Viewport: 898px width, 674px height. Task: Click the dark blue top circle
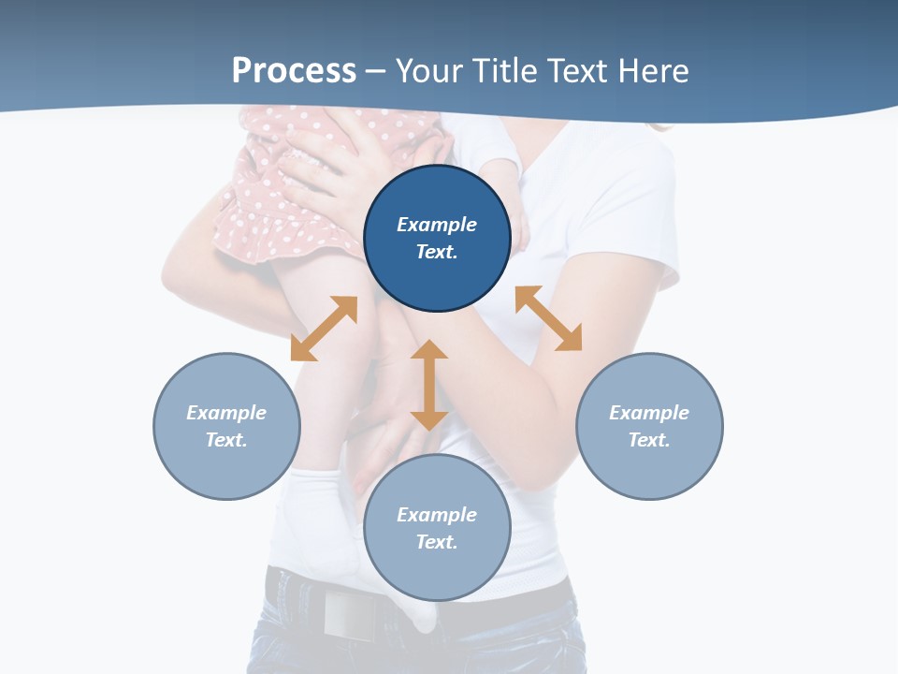(x=437, y=239)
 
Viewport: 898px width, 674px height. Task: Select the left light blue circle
(x=226, y=426)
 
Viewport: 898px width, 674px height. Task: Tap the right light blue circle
(x=649, y=426)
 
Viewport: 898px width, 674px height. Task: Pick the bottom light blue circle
(x=437, y=528)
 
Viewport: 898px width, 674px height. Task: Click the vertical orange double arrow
(x=429, y=385)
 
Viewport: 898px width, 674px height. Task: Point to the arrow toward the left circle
(x=324, y=329)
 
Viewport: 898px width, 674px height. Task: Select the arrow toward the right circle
(x=548, y=318)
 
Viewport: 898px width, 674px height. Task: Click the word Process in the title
(x=294, y=70)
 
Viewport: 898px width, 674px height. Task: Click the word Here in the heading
(x=653, y=70)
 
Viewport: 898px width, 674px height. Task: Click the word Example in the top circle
(x=437, y=225)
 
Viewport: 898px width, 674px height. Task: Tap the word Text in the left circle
(x=225, y=440)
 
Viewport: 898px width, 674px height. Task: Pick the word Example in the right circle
(x=649, y=413)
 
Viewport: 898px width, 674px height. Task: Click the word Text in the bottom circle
(x=436, y=542)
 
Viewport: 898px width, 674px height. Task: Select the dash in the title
(x=375, y=72)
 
